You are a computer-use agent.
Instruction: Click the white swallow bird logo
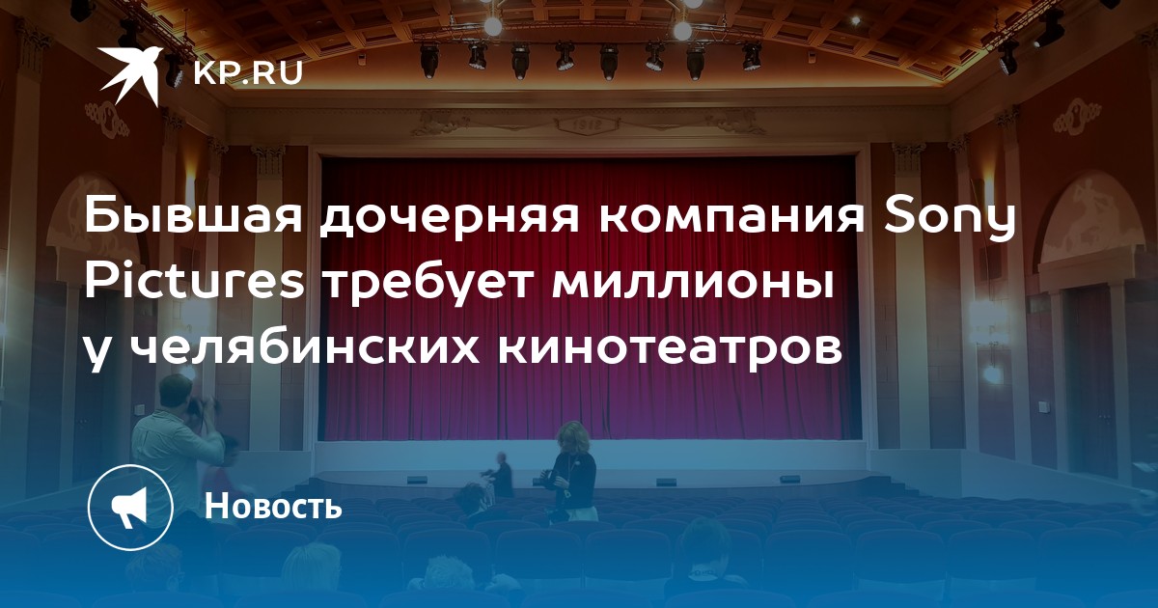(129, 75)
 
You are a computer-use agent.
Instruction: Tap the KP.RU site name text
(248, 73)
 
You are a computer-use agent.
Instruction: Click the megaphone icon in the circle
(129, 507)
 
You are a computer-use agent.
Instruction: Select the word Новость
(273, 506)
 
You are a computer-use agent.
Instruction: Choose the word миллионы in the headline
(693, 285)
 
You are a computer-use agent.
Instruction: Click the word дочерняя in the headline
(449, 220)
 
